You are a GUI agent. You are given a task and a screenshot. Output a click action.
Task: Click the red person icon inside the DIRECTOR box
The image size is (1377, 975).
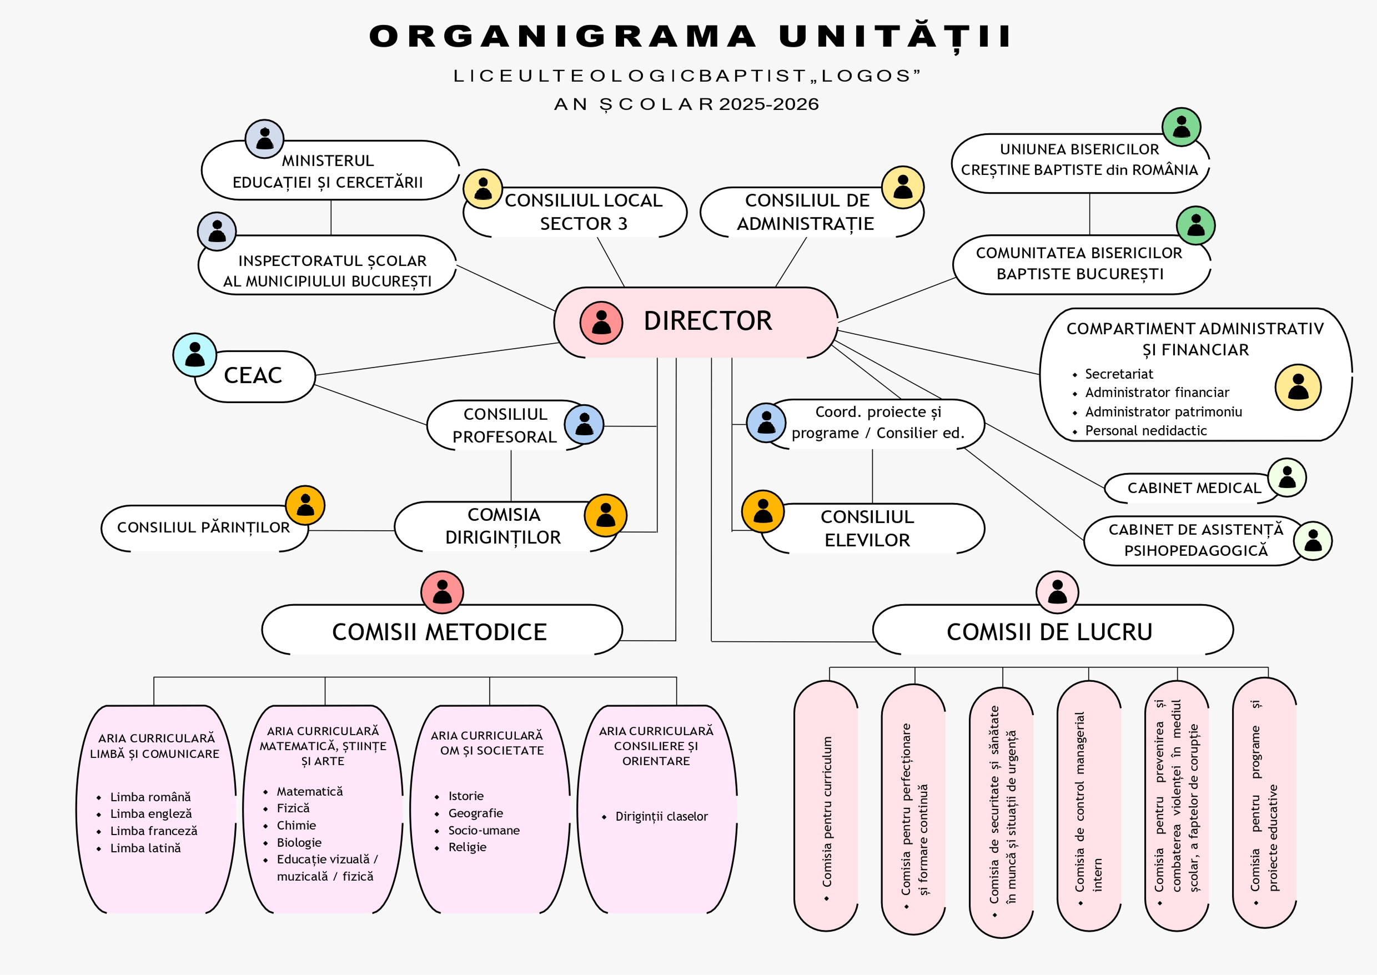coord(601,323)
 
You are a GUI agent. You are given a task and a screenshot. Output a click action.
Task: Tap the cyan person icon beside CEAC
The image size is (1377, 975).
coord(194,355)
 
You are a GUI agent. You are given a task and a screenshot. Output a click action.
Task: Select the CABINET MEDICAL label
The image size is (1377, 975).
coord(1194,488)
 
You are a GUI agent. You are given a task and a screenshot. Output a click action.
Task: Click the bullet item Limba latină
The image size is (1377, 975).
coord(145,848)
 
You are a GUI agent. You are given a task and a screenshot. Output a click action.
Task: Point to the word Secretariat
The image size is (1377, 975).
coord(1119,374)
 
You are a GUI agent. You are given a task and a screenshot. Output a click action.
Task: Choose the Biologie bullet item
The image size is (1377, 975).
coord(299,842)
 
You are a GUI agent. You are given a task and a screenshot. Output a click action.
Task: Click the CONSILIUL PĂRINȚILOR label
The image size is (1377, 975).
coord(203,527)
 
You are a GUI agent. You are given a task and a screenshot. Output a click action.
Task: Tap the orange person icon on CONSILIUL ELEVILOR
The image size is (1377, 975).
coord(763,511)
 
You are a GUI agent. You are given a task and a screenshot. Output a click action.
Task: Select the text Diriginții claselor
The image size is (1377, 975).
coord(661,817)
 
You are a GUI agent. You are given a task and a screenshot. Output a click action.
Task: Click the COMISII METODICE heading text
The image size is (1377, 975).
coord(439,632)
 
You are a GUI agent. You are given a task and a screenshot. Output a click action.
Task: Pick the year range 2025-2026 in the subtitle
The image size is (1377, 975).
coord(769,104)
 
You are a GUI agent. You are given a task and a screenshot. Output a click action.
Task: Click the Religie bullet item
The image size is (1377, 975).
coord(467,847)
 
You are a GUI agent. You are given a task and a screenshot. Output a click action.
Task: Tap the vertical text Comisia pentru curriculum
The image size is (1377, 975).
coord(827,812)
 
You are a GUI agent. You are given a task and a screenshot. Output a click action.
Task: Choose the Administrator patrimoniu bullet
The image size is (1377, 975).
coord(1163,412)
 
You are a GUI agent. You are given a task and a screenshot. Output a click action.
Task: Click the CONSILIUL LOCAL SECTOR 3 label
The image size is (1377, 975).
coord(583,212)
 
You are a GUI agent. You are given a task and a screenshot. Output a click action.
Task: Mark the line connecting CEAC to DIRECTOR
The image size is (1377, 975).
coord(437,359)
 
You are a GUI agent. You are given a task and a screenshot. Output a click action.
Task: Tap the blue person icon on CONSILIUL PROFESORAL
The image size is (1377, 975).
coord(584,424)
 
